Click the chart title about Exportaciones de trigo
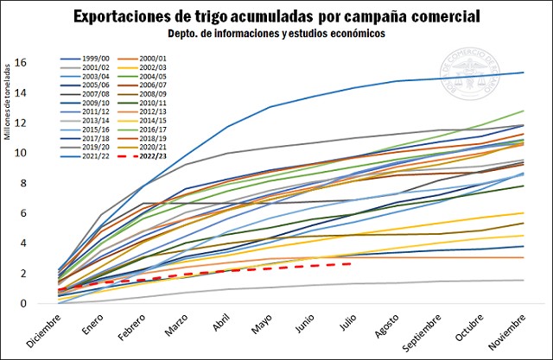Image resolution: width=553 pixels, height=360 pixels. pos(276,16)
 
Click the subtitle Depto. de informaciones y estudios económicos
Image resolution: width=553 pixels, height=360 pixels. pos(276,34)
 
